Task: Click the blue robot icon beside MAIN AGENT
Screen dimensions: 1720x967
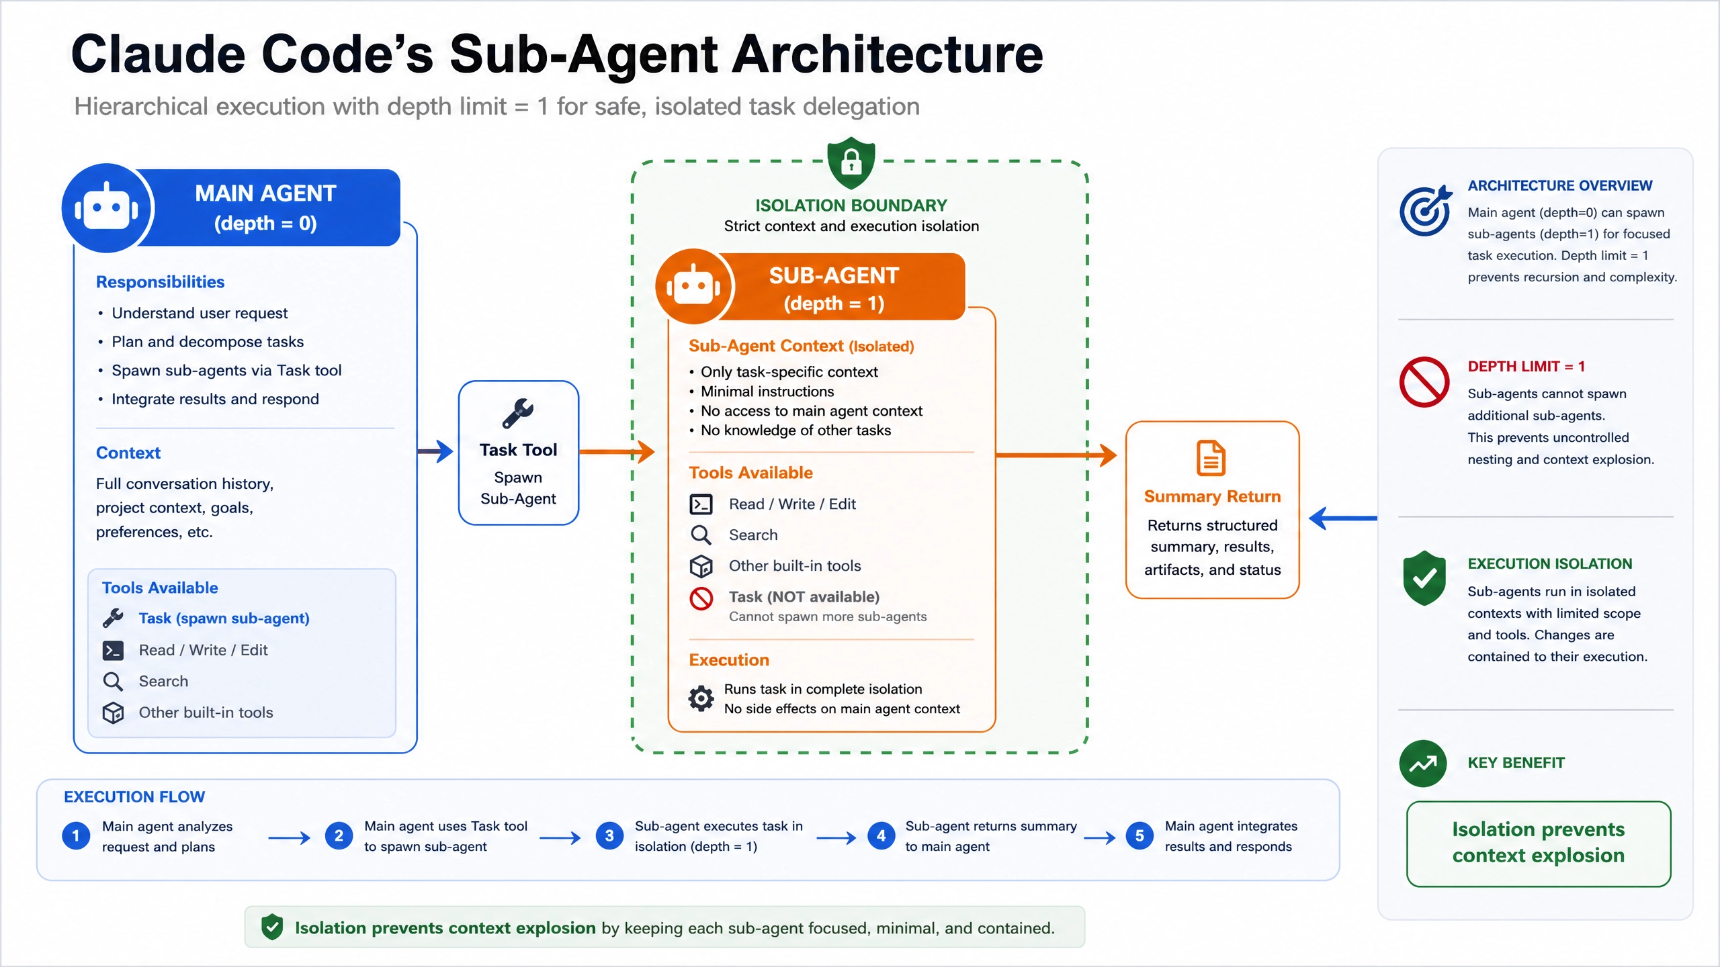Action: (107, 208)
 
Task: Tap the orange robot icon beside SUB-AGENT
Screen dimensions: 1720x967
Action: (693, 287)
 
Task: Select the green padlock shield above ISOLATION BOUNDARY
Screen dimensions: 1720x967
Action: (851, 162)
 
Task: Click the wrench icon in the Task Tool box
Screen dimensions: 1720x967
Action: (518, 414)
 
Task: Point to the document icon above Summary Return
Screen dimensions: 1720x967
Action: (1211, 458)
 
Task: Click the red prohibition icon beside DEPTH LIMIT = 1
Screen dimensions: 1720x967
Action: (1424, 382)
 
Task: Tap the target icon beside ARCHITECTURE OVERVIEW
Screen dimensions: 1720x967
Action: (1425, 211)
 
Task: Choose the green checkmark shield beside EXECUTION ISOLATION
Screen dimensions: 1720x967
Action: (1424, 578)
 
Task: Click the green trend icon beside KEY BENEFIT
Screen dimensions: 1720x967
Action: (1423, 764)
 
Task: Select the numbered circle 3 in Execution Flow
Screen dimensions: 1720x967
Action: (609, 836)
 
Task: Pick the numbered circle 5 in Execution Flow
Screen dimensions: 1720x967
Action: (1139, 836)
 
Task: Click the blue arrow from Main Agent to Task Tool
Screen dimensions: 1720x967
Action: (435, 451)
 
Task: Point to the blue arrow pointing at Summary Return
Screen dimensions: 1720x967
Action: (1343, 518)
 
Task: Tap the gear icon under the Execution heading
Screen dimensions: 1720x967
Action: (701, 698)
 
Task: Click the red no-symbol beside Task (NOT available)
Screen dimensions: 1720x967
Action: (701, 598)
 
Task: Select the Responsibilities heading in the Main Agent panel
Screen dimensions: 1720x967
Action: (160, 282)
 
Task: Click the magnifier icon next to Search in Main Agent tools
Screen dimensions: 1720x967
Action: (113, 682)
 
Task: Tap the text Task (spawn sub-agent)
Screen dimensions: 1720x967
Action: (224, 618)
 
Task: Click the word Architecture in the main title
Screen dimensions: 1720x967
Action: (887, 54)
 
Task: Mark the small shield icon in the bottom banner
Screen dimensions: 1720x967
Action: (272, 927)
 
